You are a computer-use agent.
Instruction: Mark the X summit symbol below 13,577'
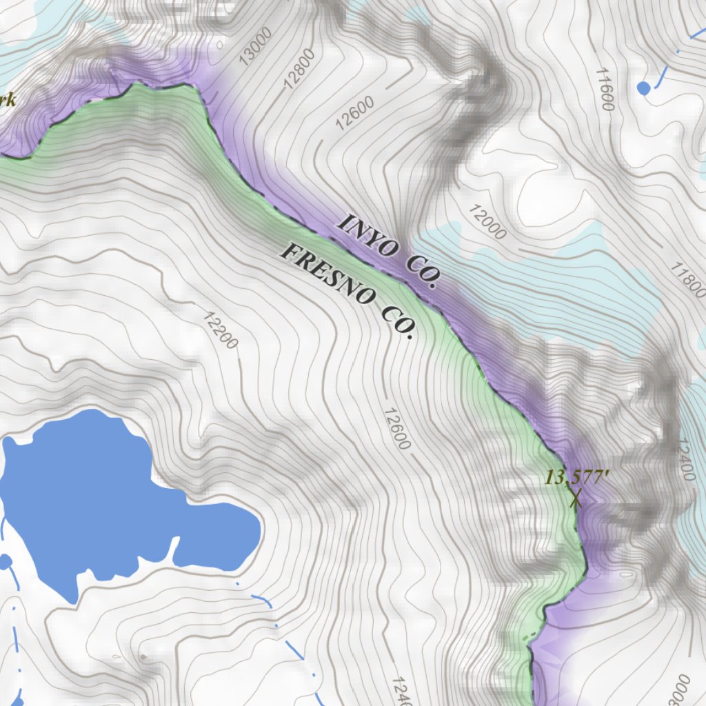click(576, 498)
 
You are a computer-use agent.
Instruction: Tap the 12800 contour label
click(300, 69)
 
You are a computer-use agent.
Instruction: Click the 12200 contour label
click(221, 330)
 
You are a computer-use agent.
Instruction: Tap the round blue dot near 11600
click(643, 88)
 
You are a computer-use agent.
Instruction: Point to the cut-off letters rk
click(8, 101)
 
